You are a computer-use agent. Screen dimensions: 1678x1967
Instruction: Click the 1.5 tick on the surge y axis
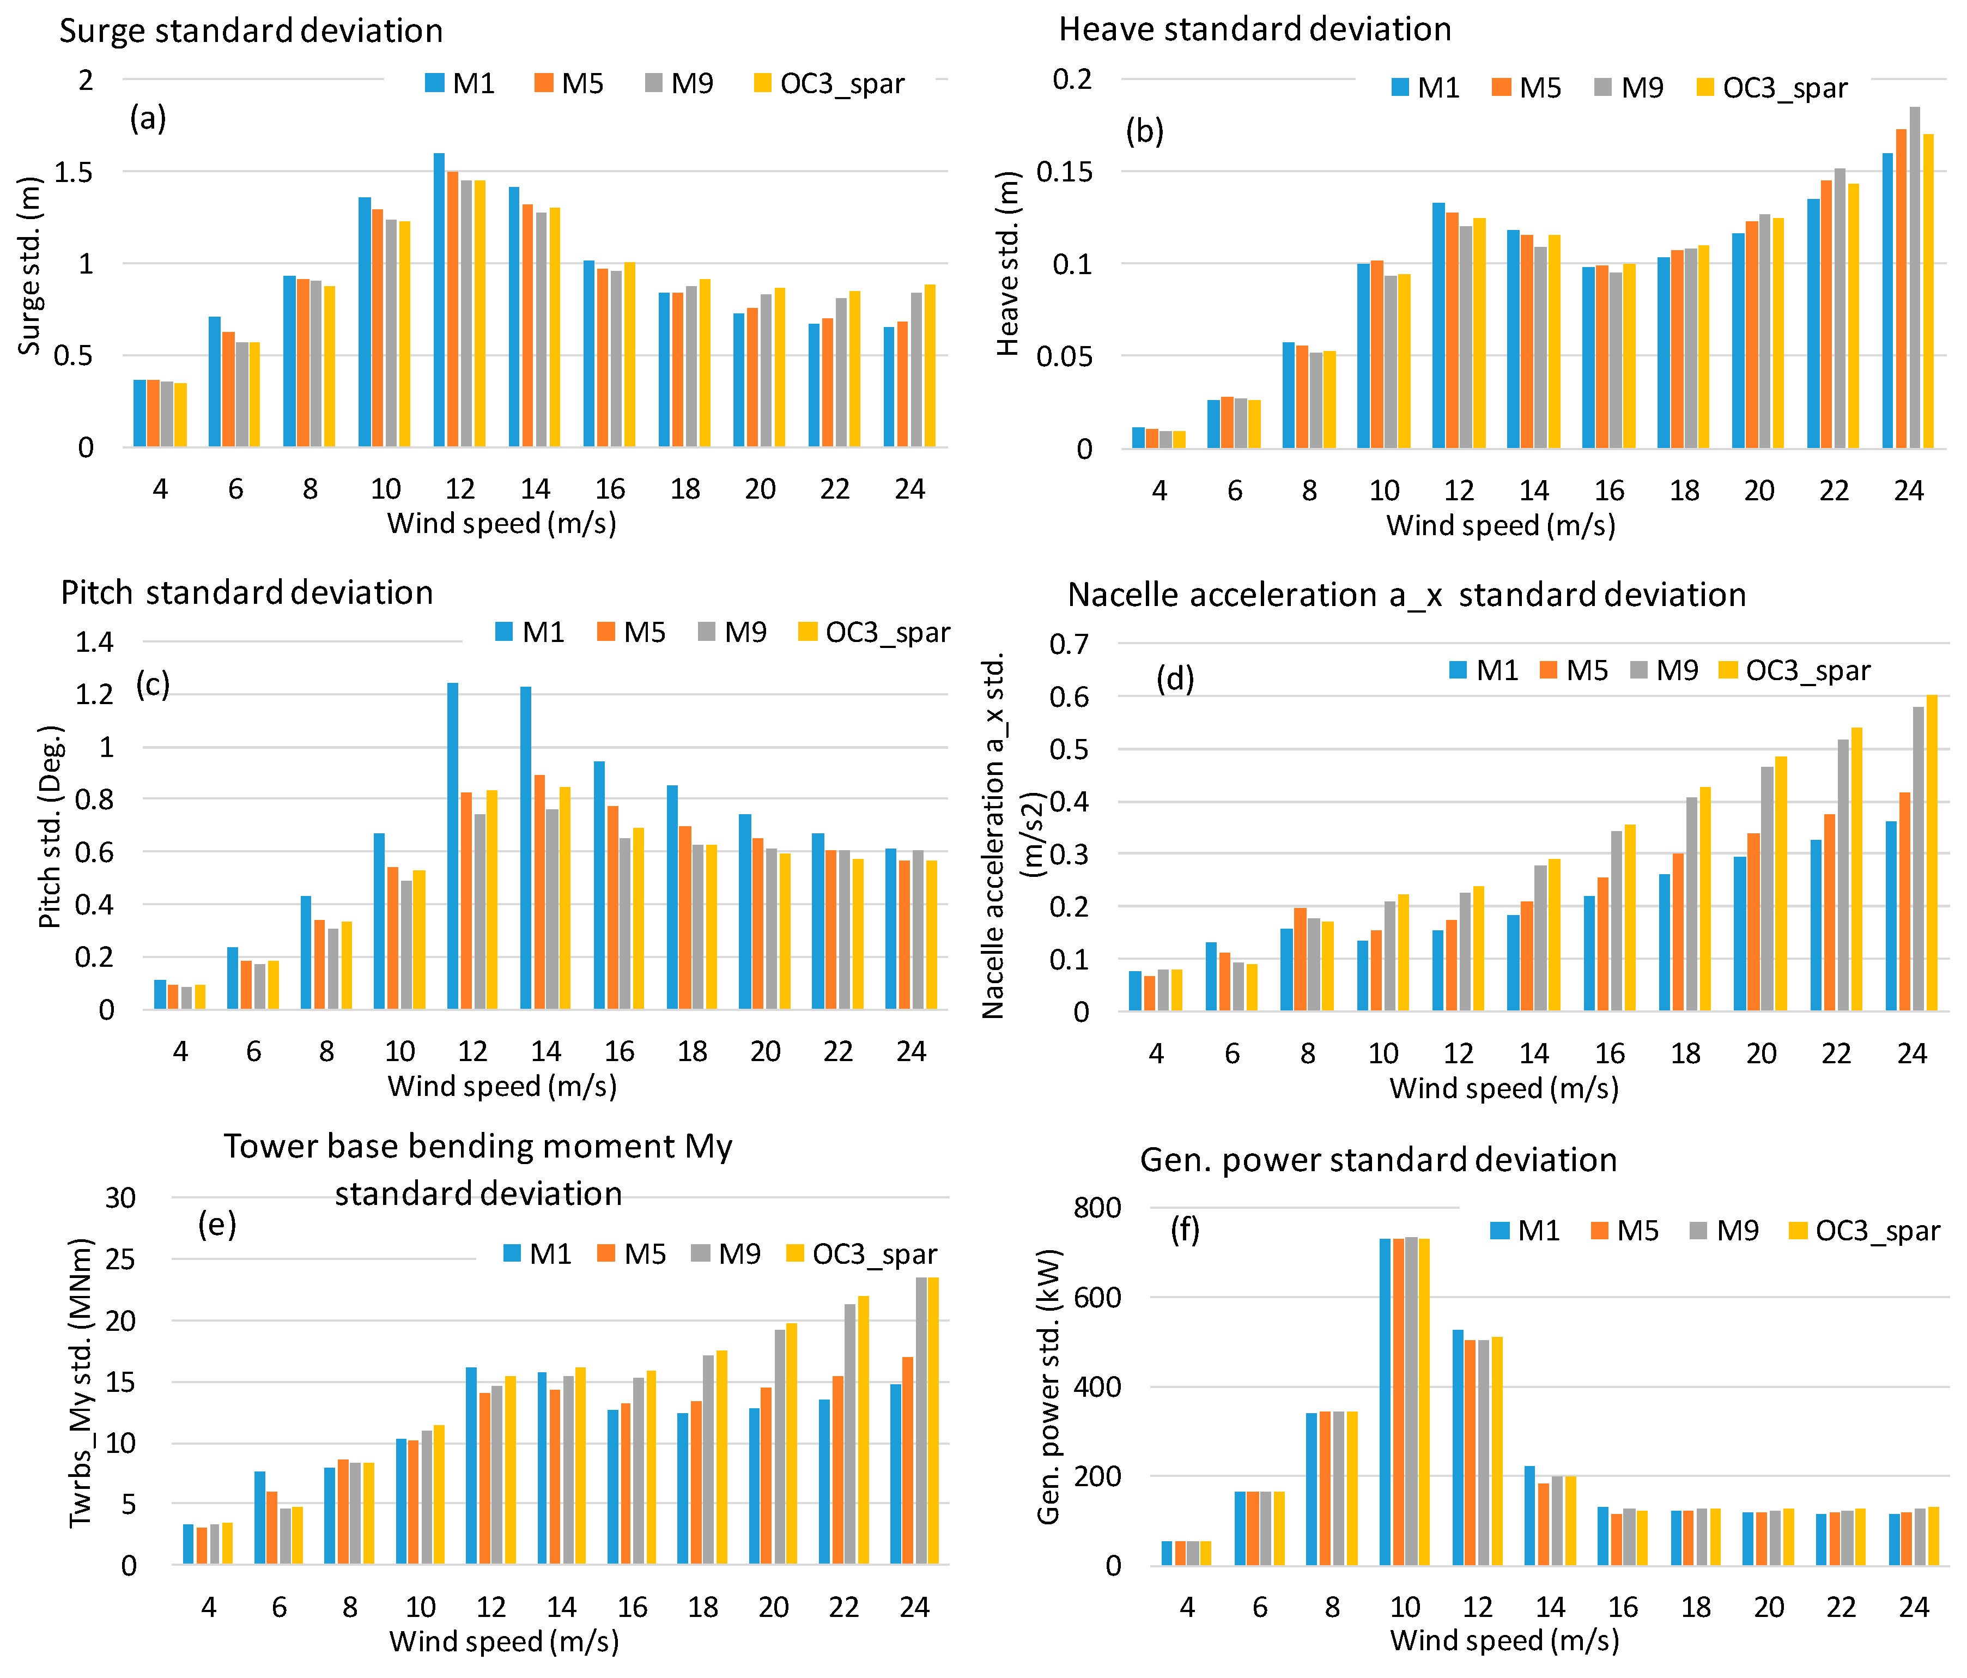pyautogui.click(x=74, y=172)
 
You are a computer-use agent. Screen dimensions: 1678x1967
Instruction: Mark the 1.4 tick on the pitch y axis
pyautogui.click(x=94, y=642)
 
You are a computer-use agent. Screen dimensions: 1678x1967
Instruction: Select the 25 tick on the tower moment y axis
pyautogui.click(x=120, y=1259)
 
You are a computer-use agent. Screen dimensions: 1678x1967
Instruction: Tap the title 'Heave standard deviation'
pyautogui.click(x=1255, y=29)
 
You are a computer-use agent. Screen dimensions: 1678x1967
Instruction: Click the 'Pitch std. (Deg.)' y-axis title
pyautogui.click(x=50, y=826)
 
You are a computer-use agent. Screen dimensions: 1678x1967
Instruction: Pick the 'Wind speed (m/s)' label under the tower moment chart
pyautogui.click(x=504, y=1641)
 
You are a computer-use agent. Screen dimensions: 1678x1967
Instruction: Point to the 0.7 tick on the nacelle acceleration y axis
pyautogui.click(x=1069, y=645)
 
